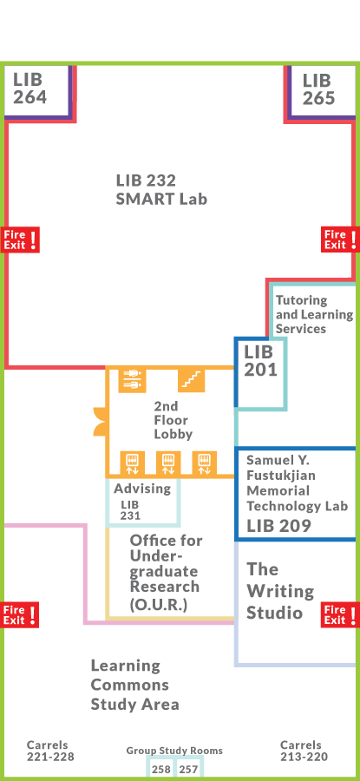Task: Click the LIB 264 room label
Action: (29, 89)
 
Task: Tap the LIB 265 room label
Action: (318, 89)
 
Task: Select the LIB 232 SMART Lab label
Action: (161, 189)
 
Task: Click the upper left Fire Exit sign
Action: (21, 240)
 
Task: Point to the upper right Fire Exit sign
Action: (338, 240)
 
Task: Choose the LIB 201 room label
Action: (260, 361)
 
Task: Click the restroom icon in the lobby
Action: (133, 380)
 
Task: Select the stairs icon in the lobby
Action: (191, 380)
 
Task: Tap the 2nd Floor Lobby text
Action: (173, 419)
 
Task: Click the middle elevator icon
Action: (167, 463)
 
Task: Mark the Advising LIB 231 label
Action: (141, 501)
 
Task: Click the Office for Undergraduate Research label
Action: (165, 573)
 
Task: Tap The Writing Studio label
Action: (279, 591)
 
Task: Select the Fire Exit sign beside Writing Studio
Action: (338, 614)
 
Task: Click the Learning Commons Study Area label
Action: (134, 685)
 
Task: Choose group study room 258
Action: (160, 769)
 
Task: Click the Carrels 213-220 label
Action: (304, 751)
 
